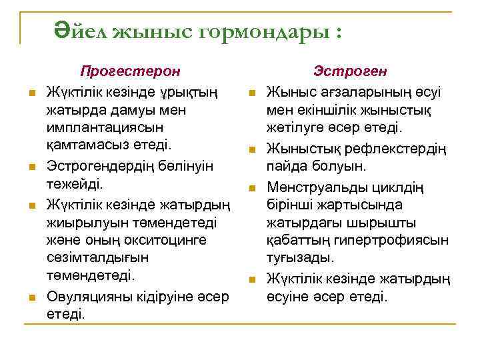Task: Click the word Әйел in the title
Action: pyautogui.click(x=81, y=30)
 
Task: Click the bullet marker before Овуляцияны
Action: pyautogui.click(x=31, y=295)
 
